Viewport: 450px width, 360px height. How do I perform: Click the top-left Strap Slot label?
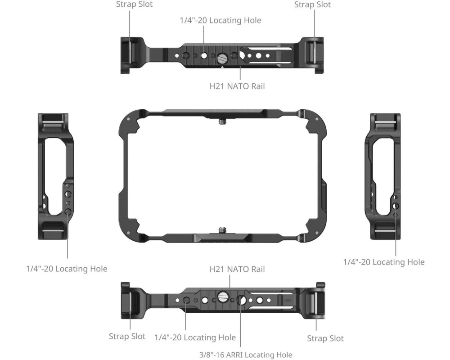tap(134, 4)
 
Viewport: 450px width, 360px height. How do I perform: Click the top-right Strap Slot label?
tap(313, 4)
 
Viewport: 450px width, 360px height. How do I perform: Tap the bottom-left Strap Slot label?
tap(127, 336)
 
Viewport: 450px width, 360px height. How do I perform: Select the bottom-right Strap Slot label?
tap(325, 338)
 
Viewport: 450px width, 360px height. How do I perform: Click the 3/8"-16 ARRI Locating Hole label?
tap(246, 355)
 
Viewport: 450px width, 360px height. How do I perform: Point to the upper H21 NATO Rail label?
tap(237, 86)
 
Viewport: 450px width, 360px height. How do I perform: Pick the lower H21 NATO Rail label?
tap(237, 269)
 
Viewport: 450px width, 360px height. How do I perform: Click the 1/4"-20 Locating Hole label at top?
tap(220, 20)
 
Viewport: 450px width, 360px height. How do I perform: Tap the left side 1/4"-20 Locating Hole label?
tap(67, 269)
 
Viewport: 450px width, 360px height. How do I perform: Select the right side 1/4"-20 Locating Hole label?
tap(384, 262)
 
